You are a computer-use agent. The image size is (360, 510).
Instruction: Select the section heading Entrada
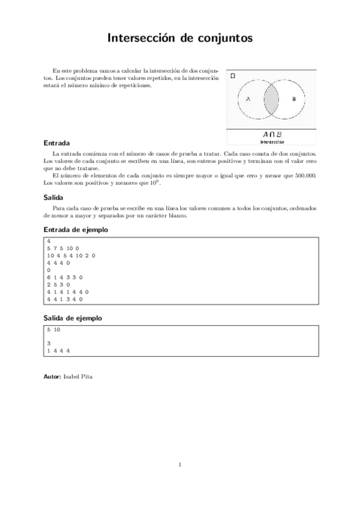(56, 144)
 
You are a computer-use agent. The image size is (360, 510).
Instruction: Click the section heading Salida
(53, 197)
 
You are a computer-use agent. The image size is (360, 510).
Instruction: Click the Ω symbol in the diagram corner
(233, 76)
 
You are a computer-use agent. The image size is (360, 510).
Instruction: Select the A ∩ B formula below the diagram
(272, 135)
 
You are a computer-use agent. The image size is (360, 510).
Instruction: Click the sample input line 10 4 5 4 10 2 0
(71, 255)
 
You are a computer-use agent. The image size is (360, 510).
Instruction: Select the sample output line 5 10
(53, 330)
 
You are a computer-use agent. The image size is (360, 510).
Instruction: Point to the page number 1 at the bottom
(180, 464)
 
